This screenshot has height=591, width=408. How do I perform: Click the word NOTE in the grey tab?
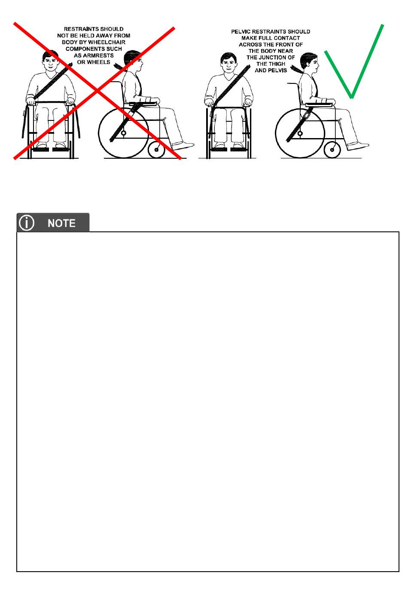click(x=61, y=223)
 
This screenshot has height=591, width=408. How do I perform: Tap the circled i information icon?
click(x=27, y=223)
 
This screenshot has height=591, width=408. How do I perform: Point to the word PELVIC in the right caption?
click(x=241, y=32)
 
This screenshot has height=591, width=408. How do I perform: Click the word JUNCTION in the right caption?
click(x=273, y=58)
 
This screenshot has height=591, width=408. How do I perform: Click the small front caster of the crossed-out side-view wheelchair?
click(x=156, y=150)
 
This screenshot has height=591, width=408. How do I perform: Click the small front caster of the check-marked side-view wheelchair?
click(x=332, y=150)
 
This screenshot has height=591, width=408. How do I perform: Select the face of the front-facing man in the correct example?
click(x=228, y=65)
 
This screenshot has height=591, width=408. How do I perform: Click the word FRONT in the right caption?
click(x=286, y=45)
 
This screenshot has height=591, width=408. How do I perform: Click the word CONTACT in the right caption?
click(x=287, y=38)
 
